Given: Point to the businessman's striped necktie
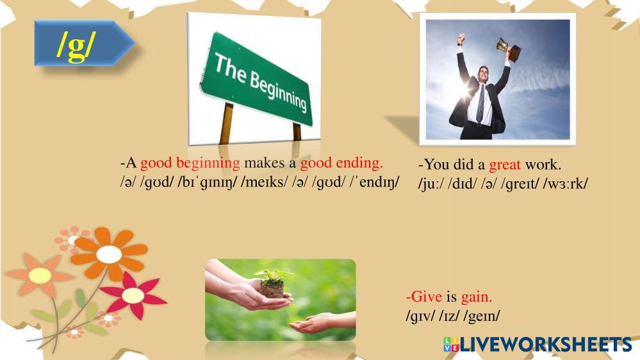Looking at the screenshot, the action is click(x=481, y=103).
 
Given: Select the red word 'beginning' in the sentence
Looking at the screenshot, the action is click(x=208, y=163).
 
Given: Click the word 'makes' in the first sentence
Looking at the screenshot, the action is click(x=264, y=163).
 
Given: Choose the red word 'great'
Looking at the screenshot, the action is click(x=505, y=165).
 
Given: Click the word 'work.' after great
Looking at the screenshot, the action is click(x=543, y=165).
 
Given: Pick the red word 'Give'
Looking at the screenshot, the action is click(x=424, y=297).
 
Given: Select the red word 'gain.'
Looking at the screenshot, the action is click(x=477, y=297).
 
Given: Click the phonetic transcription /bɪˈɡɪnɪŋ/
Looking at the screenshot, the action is click(x=208, y=182).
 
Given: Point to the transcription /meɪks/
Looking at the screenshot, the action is click(x=265, y=182).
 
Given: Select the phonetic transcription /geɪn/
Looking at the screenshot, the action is click(x=481, y=316).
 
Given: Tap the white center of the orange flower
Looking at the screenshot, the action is click(x=109, y=255).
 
